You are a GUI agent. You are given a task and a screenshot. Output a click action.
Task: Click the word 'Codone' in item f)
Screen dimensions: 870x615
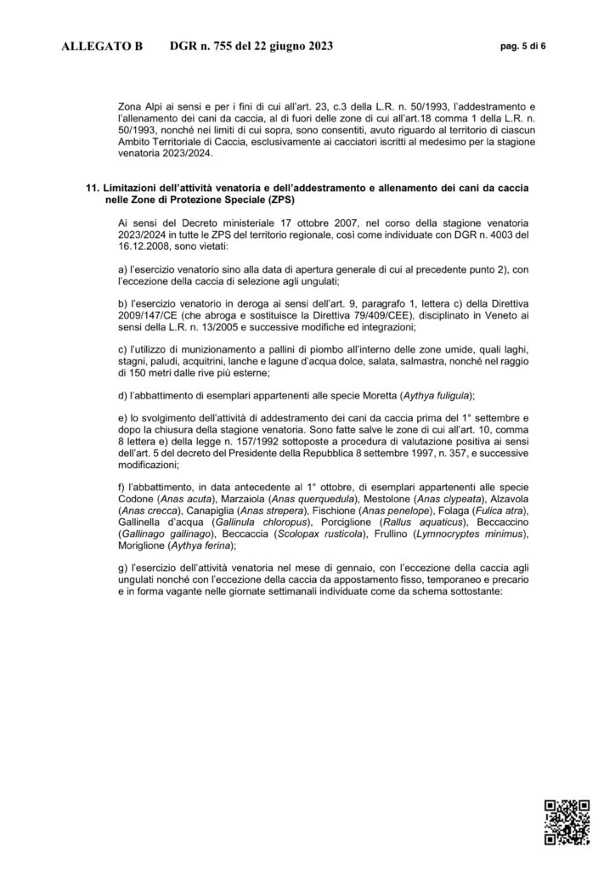[137, 497]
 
